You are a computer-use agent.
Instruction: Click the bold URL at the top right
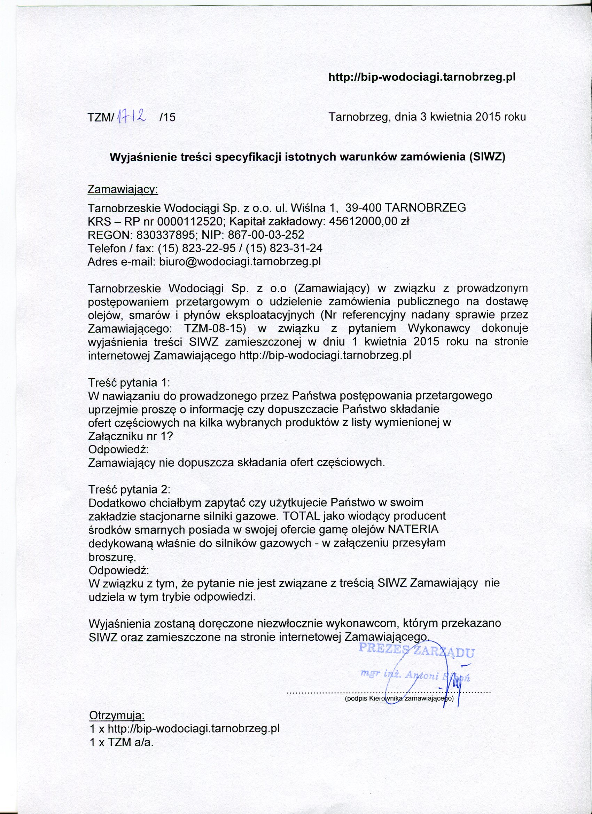422,78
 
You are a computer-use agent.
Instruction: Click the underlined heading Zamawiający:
123,190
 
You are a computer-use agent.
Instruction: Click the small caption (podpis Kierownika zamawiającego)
399,699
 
